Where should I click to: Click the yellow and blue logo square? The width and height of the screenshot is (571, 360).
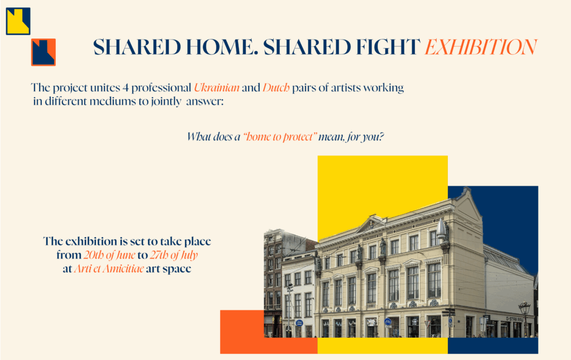coord(18,21)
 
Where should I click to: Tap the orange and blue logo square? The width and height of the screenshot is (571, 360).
coord(43,52)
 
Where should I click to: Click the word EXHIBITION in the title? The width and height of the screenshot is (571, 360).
coord(481,47)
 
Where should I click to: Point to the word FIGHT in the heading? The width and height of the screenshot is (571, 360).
coord(388,47)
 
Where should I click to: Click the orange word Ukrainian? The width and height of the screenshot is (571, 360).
coord(217,87)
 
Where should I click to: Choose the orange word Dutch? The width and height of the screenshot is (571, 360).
coord(276,87)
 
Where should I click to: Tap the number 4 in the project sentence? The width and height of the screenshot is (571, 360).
coord(125,88)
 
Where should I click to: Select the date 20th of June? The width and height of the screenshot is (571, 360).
coord(109,255)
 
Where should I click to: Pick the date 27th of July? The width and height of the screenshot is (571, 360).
coord(174,255)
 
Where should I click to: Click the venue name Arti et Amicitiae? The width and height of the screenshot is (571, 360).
coord(109,269)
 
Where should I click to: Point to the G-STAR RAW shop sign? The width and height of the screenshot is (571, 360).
coord(514,319)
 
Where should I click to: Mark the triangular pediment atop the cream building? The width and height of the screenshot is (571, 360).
coord(371,223)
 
